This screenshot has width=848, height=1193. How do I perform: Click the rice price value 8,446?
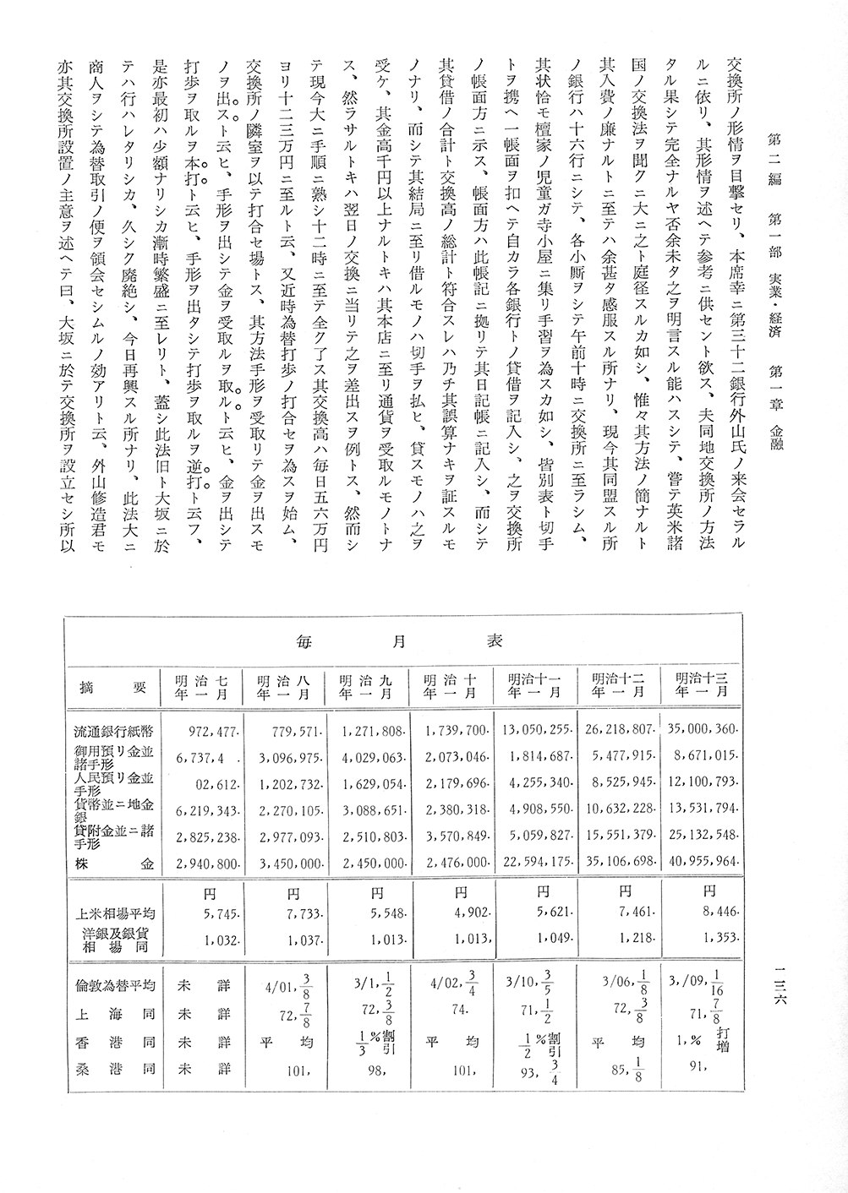point(716,912)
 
